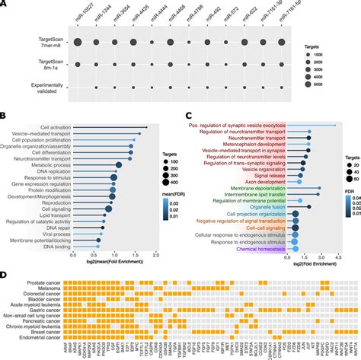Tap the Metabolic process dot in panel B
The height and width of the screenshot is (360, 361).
click(x=119, y=164)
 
